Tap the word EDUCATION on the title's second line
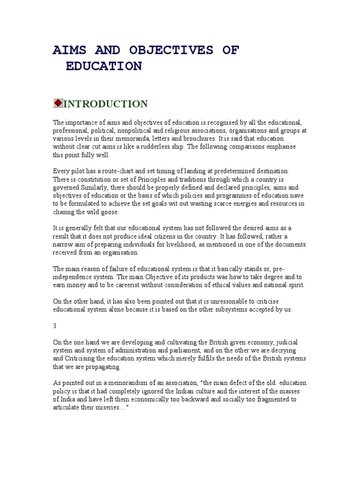104,66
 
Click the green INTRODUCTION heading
105,104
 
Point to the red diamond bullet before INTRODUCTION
58,103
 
